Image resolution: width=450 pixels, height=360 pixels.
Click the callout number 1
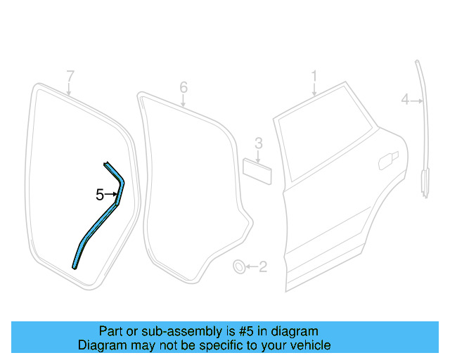click(314, 75)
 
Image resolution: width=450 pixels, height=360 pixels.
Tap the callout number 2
click(263, 266)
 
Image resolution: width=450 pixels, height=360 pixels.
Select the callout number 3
click(258, 143)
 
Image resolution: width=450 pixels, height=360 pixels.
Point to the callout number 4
click(405, 101)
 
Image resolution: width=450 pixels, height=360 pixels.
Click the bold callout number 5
click(100, 195)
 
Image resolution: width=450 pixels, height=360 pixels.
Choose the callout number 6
click(184, 87)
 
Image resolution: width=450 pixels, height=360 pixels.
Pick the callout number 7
click(70, 76)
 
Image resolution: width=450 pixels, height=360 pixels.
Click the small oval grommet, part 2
click(240, 266)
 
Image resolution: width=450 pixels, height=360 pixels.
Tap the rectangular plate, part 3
click(257, 172)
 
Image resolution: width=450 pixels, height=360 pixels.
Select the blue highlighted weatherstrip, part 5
click(95, 231)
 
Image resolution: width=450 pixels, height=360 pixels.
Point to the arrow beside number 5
click(112, 195)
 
